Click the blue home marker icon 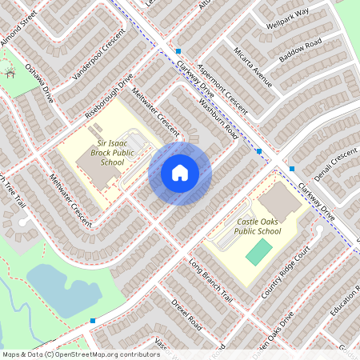coord(180,172)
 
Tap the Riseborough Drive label coord(109,98)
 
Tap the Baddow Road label coord(300,51)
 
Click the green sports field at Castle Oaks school coord(258,251)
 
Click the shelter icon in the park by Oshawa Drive coord(10,74)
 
